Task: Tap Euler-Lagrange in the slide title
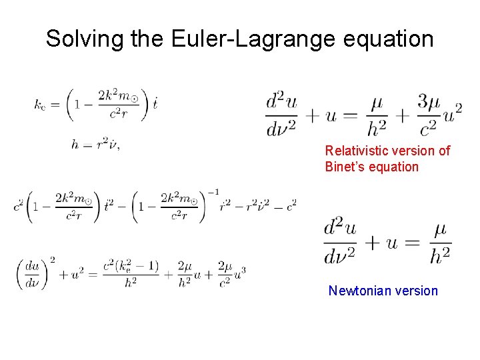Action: tap(249, 39)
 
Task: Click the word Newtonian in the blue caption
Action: tap(357, 291)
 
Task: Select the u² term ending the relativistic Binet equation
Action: tap(451, 115)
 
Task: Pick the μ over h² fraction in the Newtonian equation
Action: tap(440, 243)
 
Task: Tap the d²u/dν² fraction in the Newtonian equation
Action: tap(341, 243)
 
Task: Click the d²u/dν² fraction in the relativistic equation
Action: tap(282, 115)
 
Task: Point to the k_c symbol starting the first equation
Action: tap(39, 104)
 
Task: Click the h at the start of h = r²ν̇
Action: tap(75, 145)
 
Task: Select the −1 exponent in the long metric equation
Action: tap(212, 193)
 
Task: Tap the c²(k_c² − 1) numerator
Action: tap(132, 265)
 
